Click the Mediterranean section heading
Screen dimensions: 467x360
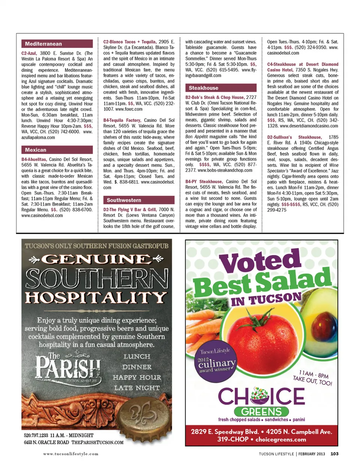(x=57, y=44)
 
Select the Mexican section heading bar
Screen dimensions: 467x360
(x=57, y=150)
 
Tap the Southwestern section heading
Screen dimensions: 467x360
(x=139, y=200)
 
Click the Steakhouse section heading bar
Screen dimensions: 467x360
(x=220, y=88)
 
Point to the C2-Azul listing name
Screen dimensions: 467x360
(x=29, y=53)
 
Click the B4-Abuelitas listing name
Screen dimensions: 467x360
(x=34, y=159)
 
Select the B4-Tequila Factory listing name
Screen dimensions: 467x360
(x=122, y=120)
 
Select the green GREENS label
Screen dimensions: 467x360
(x=261, y=411)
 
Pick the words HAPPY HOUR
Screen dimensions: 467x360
(x=137, y=377)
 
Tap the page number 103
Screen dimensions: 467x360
(x=334, y=454)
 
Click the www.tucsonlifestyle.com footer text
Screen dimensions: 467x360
(x=70, y=454)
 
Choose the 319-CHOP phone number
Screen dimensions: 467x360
(x=232, y=440)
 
